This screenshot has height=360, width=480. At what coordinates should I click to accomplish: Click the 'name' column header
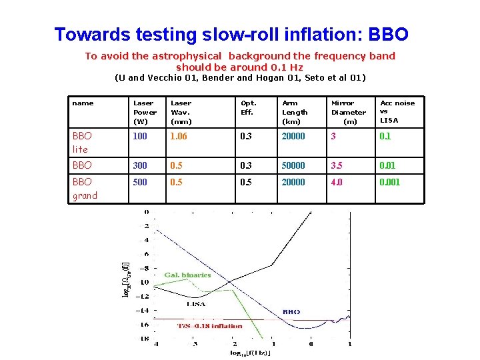(83, 103)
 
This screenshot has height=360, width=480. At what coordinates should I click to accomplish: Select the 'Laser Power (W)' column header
(144, 112)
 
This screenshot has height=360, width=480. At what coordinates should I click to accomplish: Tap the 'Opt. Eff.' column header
(249, 107)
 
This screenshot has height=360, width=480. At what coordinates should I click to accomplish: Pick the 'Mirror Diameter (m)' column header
(349, 112)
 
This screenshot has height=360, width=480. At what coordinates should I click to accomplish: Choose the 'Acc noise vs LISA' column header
(397, 111)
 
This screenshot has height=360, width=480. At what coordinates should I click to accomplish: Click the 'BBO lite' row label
(85, 143)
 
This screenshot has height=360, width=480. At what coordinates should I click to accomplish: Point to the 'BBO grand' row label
(85, 189)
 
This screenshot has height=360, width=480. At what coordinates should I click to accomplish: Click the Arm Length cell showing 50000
(293, 165)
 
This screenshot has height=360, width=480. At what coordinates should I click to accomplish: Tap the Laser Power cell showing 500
(141, 183)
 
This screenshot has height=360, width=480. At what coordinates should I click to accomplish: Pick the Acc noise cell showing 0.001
(389, 183)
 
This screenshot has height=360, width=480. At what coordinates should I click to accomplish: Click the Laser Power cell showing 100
(141, 137)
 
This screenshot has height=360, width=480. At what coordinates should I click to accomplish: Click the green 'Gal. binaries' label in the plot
(187, 275)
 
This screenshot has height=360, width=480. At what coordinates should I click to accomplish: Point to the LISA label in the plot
(195, 303)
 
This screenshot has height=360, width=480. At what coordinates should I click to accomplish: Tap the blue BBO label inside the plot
(291, 311)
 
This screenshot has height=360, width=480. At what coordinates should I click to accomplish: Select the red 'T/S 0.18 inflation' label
(209, 326)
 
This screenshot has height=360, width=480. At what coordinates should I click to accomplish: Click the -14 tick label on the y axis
(142, 311)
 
